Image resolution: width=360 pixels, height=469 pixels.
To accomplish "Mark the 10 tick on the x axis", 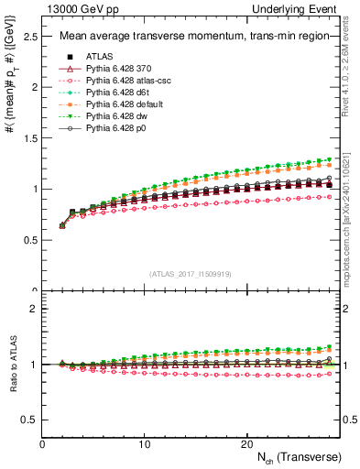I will (x=144, y=444).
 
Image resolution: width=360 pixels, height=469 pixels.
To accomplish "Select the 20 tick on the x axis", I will (x=245, y=444).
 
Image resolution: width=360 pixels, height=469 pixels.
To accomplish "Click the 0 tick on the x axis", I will (x=42, y=444).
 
